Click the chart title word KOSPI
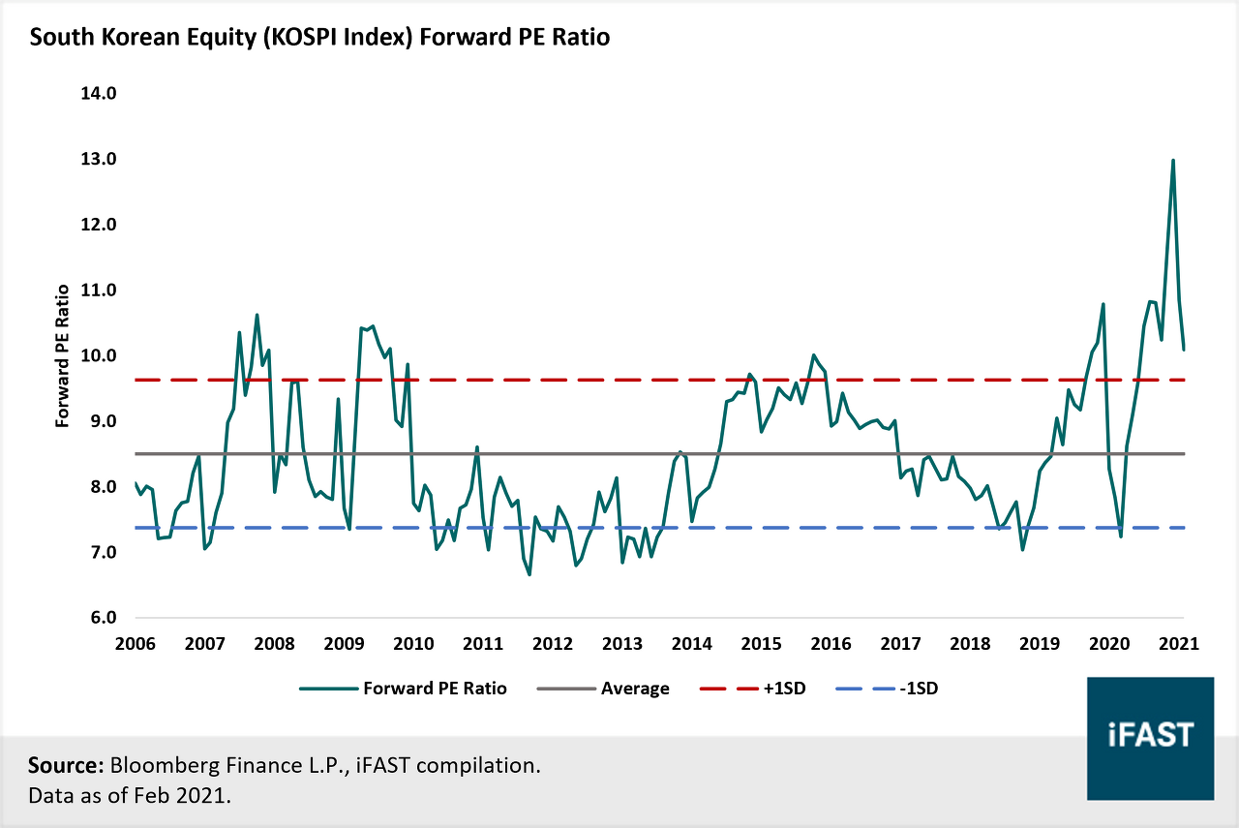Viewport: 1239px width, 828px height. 301,37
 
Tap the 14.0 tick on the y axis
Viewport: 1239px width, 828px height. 99,94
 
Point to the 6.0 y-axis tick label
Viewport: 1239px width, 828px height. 104,618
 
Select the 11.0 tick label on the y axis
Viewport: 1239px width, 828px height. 99,290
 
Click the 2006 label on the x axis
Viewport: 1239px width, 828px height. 135,644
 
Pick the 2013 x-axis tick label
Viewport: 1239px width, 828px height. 622,644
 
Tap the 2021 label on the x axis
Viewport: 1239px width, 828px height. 1179,644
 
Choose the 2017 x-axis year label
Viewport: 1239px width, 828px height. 900,644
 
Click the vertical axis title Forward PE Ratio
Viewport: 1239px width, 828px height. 63,355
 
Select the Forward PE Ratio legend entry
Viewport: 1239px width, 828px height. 403,689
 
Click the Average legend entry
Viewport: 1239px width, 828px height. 603,689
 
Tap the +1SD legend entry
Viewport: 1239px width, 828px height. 753,689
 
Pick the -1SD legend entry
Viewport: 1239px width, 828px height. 888,689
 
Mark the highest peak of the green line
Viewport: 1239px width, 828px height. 1172,160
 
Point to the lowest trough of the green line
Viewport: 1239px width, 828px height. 529,575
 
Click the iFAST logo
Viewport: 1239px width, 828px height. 1151,738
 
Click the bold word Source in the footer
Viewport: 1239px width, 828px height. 66,765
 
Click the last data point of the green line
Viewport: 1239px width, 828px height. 1184,350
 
